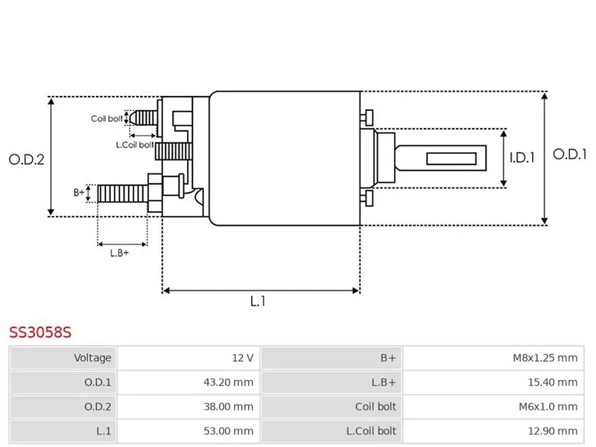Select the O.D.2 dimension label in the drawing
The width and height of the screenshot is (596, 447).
coord(27,159)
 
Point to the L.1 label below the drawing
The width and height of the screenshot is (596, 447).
coord(258,301)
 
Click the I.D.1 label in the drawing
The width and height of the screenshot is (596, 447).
coord(522,158)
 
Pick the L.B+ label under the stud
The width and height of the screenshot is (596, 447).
coord(119,253)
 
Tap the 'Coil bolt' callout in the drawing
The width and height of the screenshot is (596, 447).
coord(107,118)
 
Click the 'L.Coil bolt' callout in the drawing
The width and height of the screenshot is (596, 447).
coord(135,145)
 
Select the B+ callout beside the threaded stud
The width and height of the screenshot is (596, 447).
coord(80,192)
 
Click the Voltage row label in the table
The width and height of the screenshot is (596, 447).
coord(92,358)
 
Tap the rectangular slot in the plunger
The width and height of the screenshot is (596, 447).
coord(452,158)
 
